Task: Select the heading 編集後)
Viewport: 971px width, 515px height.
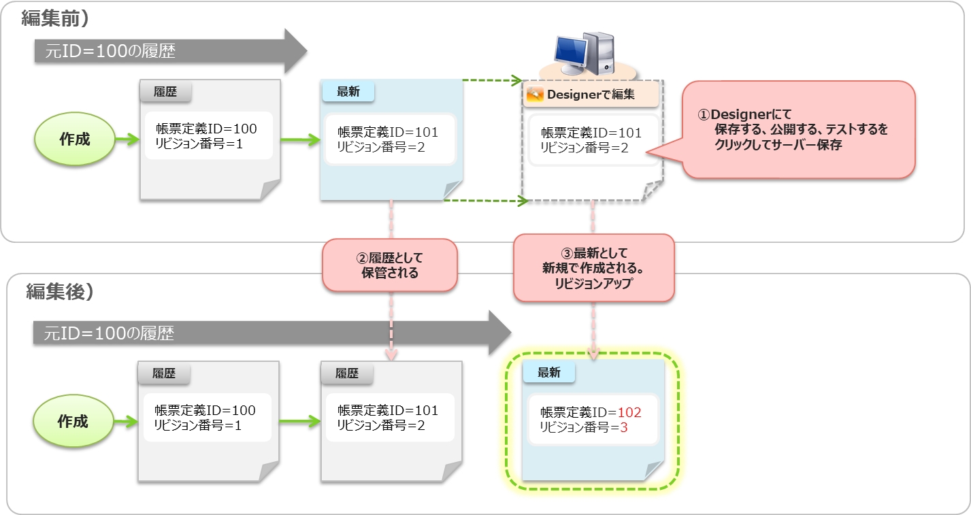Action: (x=60, y=291)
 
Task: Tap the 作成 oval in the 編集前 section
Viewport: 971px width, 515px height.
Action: (x=74, y=139)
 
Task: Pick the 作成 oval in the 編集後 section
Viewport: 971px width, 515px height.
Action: (x=73, y=421)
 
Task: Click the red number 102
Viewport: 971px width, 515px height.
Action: (x=629, y=412)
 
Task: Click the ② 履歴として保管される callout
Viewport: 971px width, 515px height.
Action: (x=389, y=265)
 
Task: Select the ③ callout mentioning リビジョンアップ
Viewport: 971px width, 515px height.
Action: (x=593, y=269)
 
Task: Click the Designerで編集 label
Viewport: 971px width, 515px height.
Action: (x=591, y=95)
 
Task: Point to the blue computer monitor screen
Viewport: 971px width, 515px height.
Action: (x=570, y=51)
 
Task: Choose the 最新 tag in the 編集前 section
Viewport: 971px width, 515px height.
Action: (x=348, y=92)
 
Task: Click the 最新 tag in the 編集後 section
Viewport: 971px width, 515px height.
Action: (x=548, y=372)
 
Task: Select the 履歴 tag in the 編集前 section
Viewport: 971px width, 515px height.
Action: (x=165, y=92)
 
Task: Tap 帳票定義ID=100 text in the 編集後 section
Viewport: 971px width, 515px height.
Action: (x=205, y=410)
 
